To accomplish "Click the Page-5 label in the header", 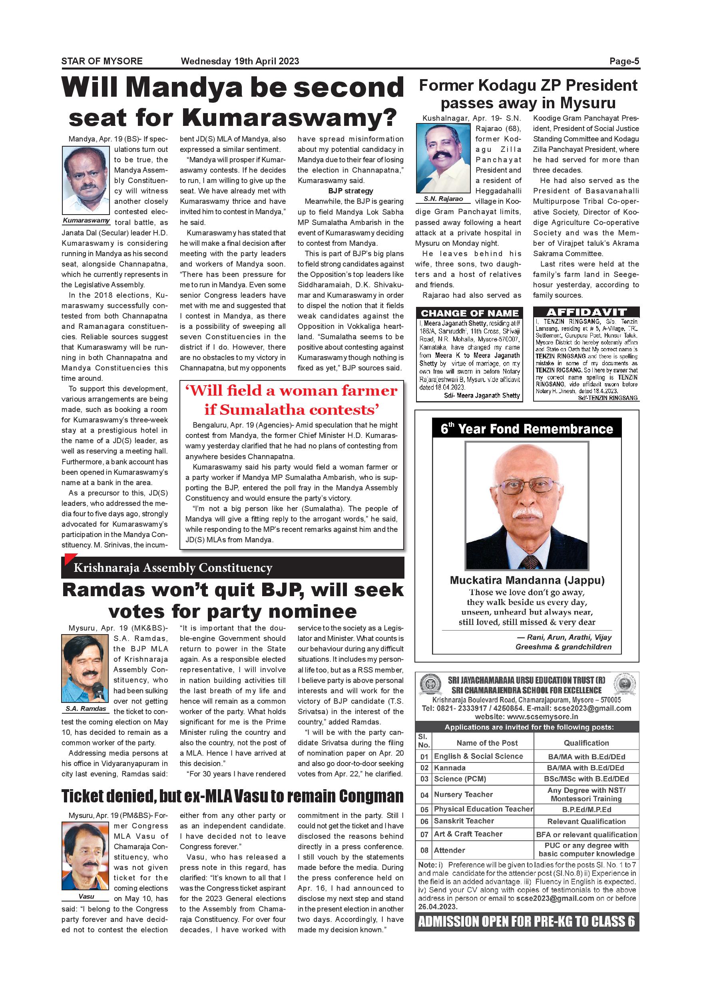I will (x=624, y=61).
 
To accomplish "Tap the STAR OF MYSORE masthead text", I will (x=102, y=61).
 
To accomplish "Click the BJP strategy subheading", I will (x=350, y=191).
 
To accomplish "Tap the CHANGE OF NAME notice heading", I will (x=469, y=313).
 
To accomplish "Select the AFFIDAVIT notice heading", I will (x=586, y=312).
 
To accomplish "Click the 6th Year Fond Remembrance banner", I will (x=527, y=429).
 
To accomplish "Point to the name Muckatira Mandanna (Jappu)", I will (x=527, y=580).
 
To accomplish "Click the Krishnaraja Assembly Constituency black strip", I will (x=233, y=567).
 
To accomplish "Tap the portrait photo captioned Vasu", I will (x=86, y=856).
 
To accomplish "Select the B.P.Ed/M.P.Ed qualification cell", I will (x=586, y=809).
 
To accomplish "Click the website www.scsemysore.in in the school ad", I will (x=527, y=716).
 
